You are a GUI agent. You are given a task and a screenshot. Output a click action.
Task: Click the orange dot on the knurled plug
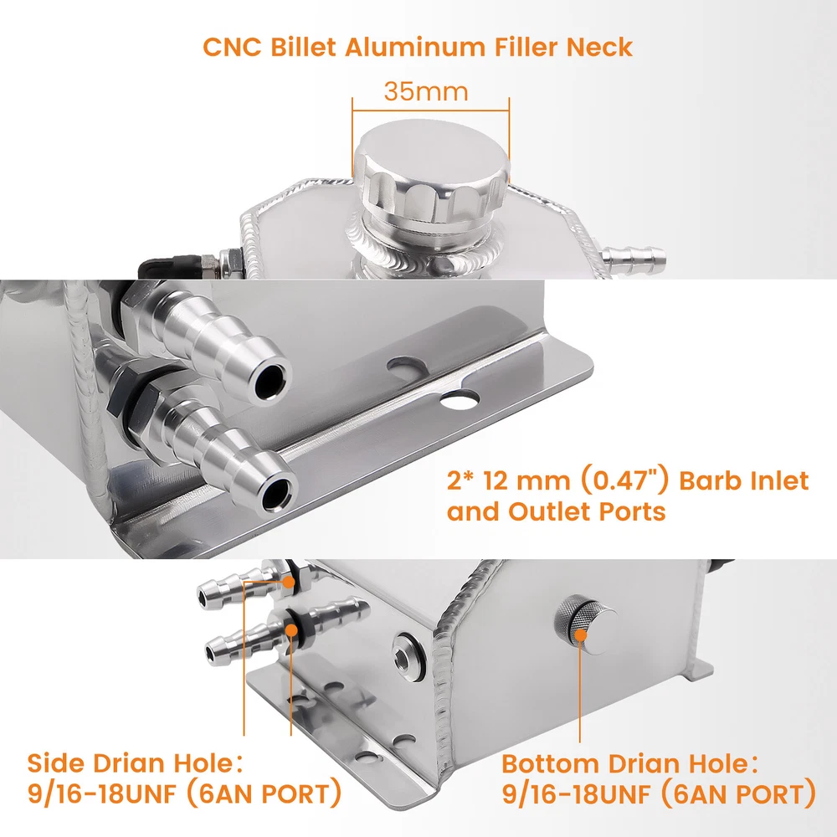580,634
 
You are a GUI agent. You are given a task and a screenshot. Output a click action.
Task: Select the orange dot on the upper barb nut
289,582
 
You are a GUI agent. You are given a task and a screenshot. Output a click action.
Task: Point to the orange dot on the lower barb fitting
291,630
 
